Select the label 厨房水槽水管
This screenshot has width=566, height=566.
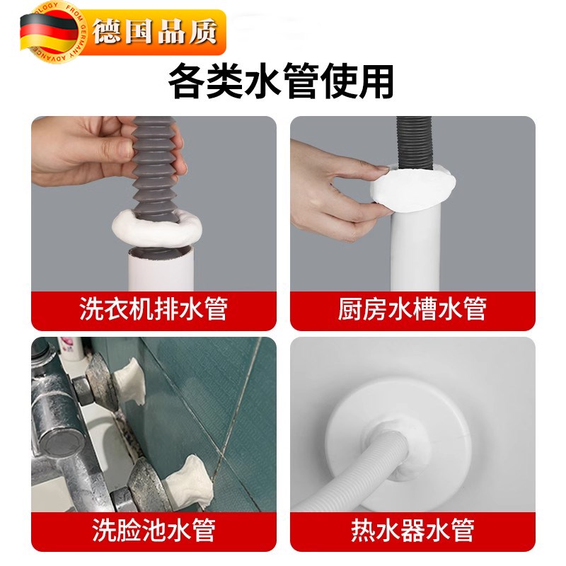(x=412, y=309)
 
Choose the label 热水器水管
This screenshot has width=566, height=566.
(x=412, y=529)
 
